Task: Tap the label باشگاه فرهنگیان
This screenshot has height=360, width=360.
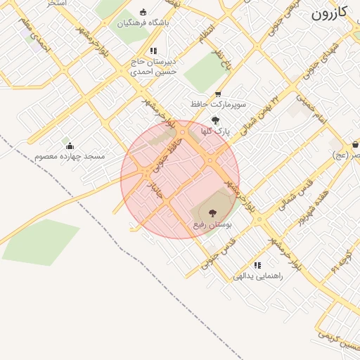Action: [143, 23]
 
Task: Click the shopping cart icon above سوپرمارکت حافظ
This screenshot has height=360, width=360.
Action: [218, 94]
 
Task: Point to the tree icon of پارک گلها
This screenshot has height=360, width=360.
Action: [215, 120]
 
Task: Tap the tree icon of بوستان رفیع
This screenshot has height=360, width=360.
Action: [212, 212]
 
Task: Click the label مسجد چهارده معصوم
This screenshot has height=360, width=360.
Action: [70, 156]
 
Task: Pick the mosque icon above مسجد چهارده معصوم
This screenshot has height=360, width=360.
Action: [70, 146]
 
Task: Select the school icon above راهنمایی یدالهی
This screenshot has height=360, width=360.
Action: [257, 265]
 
